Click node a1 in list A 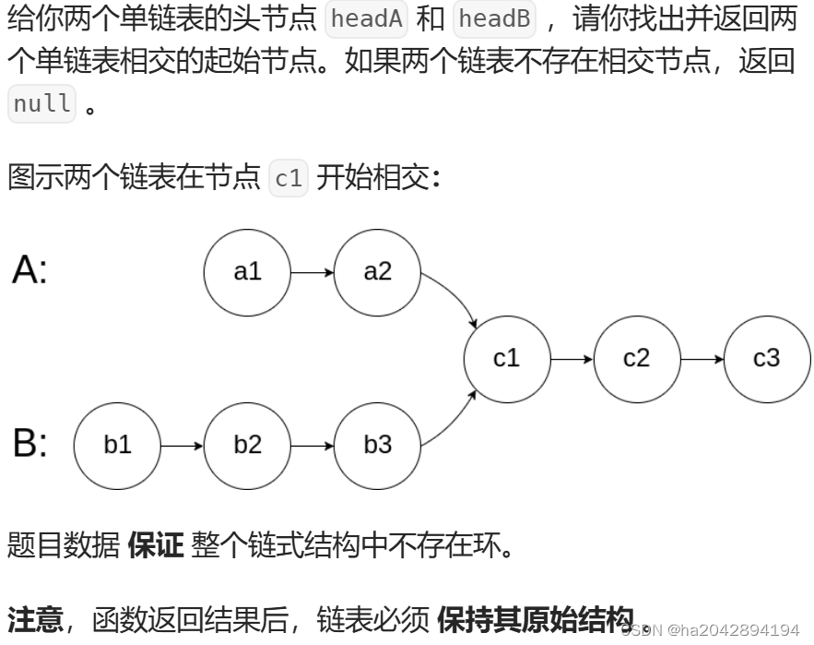pyautogui.click(x=247, y=272)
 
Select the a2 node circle pyautogui.click(x=377, y=272)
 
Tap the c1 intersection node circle pyautogui.click(x=507, y=358)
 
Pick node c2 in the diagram pyautogui.click(x=637, y=358)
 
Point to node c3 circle pyautogui.click(x=767, y=358)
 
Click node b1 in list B pyautogui.click(x=117, y=445)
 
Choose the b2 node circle pyautogui.click(x=247, y=445)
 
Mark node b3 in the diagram pyautogui.click(x=377, y=445)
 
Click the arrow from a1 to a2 pyautogui.click(x=313, y=272)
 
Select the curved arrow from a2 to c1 pyautogui.click(x=454, y=297)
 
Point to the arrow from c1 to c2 pyautogui.click(x=572, y=358)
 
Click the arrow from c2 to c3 pyautogui.click(x=702, y=358)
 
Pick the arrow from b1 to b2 pyautogui.click(x=182, y=445)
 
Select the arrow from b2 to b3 pyautogui.click(x=313, y=445)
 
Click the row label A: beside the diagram pyautogui.click(x=29, y=270)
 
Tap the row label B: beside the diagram pyautogui.click(x=29, y=444)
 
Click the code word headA pyautogui.click(x=366, y=19)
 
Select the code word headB pyautogui.click(x=494, y=19)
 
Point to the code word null pyautogui.click(x=41, y=103)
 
